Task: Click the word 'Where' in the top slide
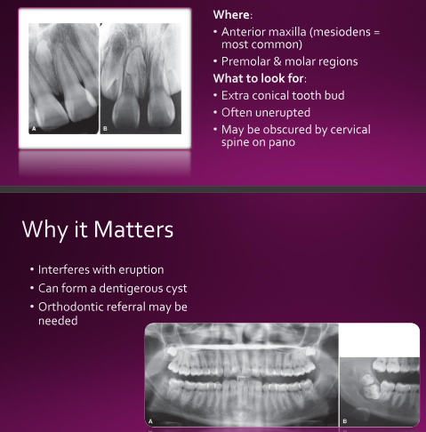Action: pyautogui.click(x=231, y=14)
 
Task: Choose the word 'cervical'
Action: pyautogui.click(x=350, y=130)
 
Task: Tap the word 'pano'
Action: pyautogui.click(x=282, y=142)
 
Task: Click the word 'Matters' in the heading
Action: pyautogui.click(x=133, y=229)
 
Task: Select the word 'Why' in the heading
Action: pyautogui.click(x=44, y=230)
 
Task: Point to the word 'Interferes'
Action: pyautogui.click(x=64, y=269)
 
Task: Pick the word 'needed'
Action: pyautogui.click(x=58, y=321)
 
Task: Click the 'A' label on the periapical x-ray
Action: pyautogui.click(x=34, y=129)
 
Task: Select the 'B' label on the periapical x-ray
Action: pyautogui.click(x=105, y=129)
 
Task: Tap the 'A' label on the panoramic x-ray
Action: pyautogui.click(x=150, y=421)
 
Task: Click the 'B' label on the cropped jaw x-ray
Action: pyautogui.click(x=345, y=421)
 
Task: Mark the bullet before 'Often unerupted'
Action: pyautogui.click(x=215, y=113)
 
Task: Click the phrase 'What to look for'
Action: pyautogui.click(x=259, y=78)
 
